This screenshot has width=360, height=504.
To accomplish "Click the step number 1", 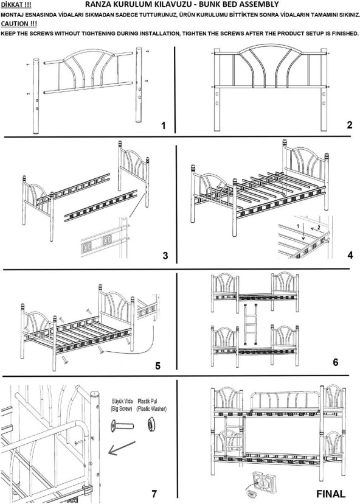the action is [164, 125].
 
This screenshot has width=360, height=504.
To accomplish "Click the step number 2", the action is [350, 125].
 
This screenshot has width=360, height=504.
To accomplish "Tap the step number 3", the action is [165, 256].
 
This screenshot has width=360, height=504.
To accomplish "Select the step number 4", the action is [350, 255].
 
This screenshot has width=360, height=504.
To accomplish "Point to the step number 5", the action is [157, 366].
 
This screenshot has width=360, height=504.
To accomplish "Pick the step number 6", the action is [335, 362].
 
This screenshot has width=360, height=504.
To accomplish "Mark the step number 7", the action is [154, 494].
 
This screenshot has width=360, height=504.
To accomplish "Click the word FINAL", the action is [331, 494].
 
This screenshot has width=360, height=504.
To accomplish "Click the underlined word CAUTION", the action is [15, 24].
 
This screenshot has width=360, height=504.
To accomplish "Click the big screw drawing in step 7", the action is [122, 426].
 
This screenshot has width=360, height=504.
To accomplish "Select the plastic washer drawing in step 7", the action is [151, 424].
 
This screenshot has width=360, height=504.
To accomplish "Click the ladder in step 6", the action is [251, 324].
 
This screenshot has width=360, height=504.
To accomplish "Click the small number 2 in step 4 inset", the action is [319, 228].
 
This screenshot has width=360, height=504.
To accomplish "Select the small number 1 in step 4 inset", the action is [298, 226].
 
